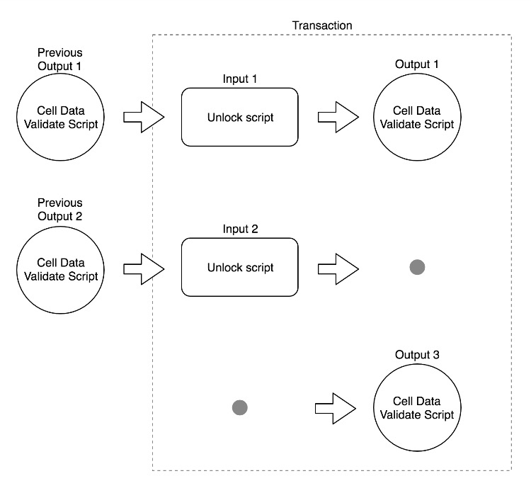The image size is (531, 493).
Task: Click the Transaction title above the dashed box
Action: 322,25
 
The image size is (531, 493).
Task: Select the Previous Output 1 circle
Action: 60,118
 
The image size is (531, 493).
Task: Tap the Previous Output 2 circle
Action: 60,268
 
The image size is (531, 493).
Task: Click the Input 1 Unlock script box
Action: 240,118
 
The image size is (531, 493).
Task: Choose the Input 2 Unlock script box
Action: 240,268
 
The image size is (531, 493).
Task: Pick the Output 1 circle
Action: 417,118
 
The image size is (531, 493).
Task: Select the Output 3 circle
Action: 417,408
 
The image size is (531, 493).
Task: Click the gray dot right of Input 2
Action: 418,267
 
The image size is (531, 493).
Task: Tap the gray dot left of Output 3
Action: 240,407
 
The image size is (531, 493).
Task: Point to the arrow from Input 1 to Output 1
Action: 338,118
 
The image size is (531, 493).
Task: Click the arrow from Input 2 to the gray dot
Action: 338,268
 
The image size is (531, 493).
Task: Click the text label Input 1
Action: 239,79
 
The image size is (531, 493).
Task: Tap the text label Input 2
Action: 239,229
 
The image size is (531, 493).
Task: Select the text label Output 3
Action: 417,354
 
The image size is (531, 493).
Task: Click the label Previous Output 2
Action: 60,210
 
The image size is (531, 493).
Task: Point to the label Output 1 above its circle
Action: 417,64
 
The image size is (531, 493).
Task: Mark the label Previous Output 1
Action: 60,59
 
